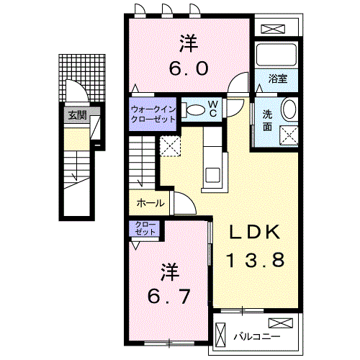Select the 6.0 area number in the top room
[x=190, y=69]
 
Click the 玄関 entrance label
[x=77, y=115]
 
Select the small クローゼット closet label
[x=146, y=230]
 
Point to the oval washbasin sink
[x=289, y=110]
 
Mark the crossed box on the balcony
[x=279, y=323]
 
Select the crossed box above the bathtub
[x=277, y=30]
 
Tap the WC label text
[x=213, y=107]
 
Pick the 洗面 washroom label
[x=266, y=120]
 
